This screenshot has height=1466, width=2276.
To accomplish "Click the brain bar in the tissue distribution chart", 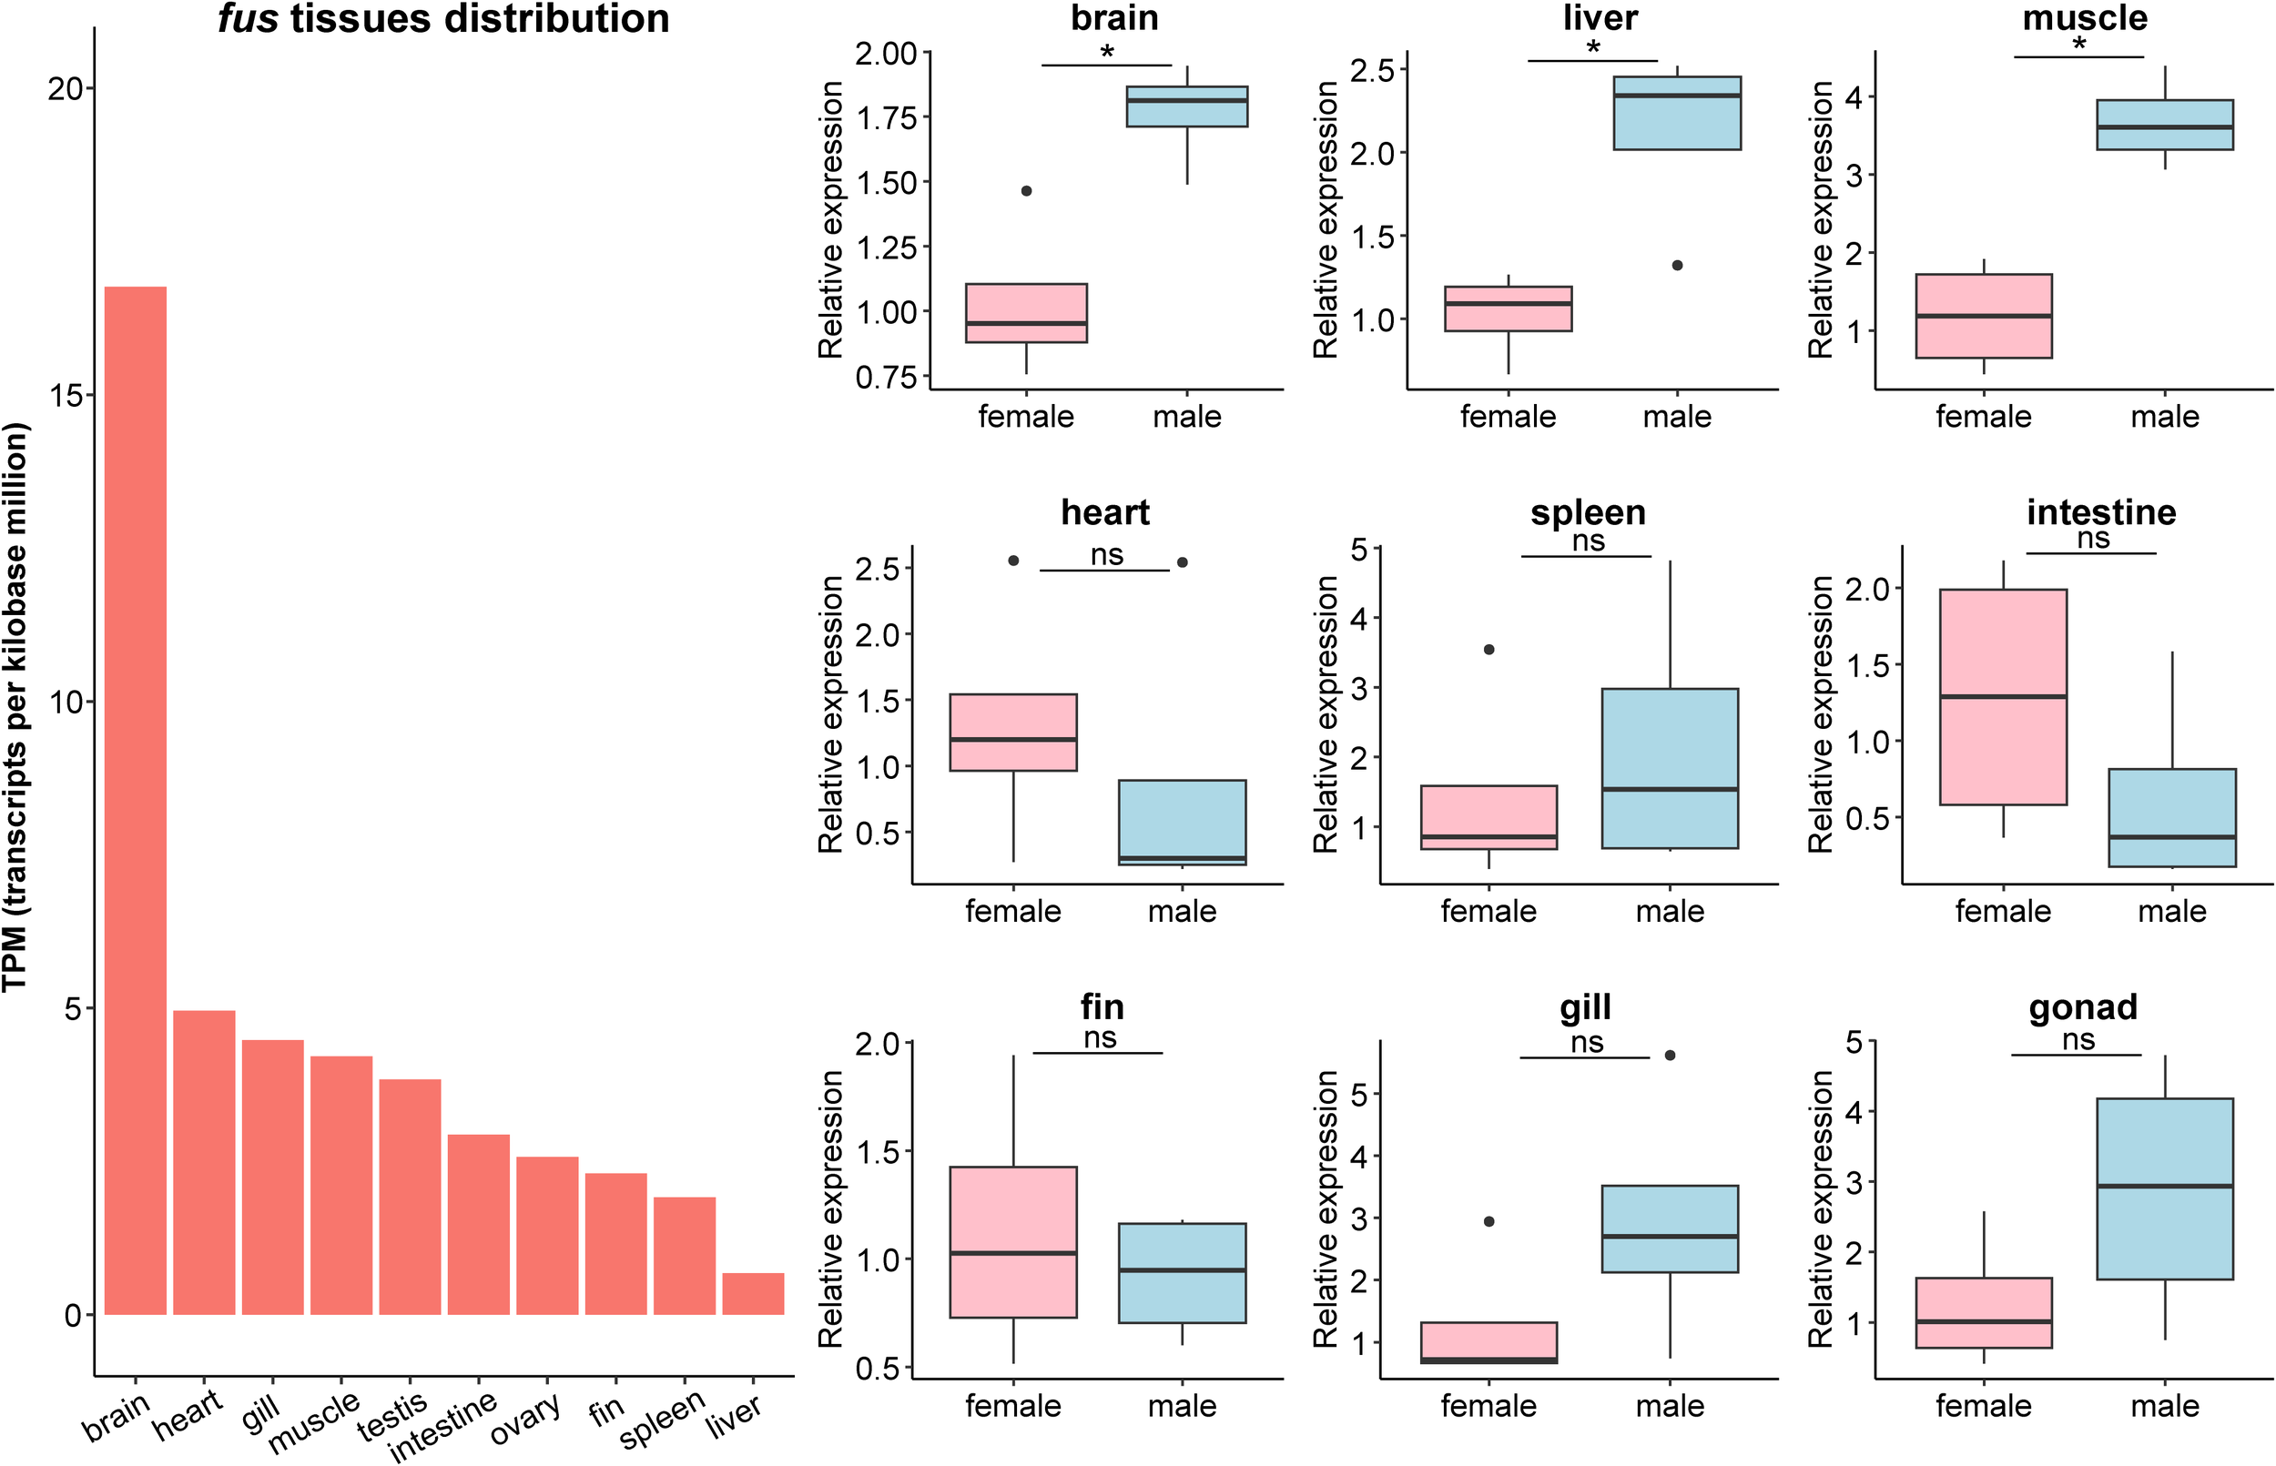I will click(x=136, y=800).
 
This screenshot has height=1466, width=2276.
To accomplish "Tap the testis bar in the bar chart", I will click(x=410, y=1197).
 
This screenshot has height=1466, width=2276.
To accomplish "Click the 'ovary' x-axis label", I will click(x=523, y=1420).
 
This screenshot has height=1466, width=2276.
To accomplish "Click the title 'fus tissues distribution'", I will click(x=443, y=19).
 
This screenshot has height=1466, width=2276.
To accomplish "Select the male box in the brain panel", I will click(x=1186, y=106).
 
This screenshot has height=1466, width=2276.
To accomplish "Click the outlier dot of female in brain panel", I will click(x=1026, y=191).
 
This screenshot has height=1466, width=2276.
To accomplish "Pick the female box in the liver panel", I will click(x=1508, y=308).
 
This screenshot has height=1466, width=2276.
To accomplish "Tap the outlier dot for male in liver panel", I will click(x=1677, y=266).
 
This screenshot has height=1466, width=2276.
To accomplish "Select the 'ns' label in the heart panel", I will click(x=1106, y=555).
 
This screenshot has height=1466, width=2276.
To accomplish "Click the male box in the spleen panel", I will click(x=1670, y=767).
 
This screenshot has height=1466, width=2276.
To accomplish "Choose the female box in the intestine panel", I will click(x=2003, y=697).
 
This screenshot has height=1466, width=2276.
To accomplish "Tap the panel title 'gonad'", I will click(x=2083, y=1007).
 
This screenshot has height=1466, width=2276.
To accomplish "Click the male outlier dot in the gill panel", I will click(x=1670, y=1055).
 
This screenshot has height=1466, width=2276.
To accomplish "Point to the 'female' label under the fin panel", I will click(x=1013, y=1406).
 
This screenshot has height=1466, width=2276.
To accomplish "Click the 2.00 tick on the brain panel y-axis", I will click(x=886, y=55).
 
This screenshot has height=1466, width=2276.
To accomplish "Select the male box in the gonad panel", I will click(x=2165, y=1188).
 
